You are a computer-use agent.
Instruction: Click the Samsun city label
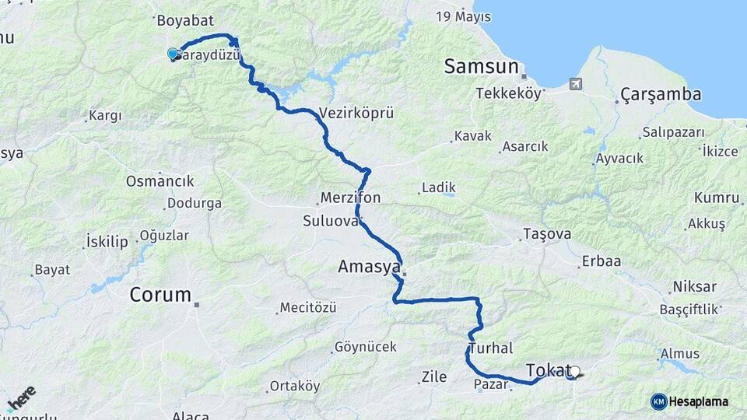(481, 67)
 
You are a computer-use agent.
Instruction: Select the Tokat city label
(548, 370)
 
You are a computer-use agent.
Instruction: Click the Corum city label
(160, 295)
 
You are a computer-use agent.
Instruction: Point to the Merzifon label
(350, 198)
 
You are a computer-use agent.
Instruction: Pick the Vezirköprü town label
(356, 113)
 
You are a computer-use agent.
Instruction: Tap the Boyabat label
(184, 21)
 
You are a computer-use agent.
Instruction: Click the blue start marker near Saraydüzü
(173, 54)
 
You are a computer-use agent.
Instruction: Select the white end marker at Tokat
(575, 372)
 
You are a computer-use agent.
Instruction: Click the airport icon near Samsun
(576, 84)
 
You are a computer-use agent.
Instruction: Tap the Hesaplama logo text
(699, 401)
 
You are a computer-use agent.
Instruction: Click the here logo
(21, 399)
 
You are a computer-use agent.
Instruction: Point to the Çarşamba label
(661, 95)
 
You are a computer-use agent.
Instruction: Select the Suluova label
(331, 221)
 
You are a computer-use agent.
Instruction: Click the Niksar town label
(694, 286)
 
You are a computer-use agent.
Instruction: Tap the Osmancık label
(160, 181)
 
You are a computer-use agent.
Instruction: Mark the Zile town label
(433, 377)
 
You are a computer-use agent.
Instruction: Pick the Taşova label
(547, 234)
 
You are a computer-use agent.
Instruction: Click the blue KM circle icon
(658, 401)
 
